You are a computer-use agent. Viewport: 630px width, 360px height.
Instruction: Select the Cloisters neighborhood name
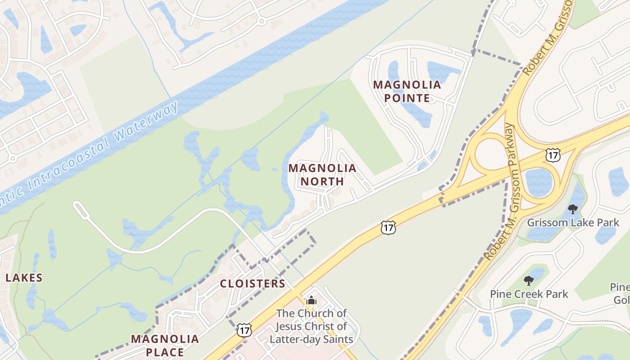(252, 283)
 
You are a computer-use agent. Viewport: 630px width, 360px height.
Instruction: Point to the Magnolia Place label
(165, 345)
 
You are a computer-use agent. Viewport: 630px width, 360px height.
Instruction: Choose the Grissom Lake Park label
(572, 222)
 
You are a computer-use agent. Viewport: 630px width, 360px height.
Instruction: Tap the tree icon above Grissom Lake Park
(572, 209)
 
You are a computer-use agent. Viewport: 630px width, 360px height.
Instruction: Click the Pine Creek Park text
(529, 294)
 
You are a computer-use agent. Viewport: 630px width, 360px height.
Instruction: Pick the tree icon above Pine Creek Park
(529, 281)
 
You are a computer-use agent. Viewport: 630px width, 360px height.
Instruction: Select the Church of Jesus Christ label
(311, 326)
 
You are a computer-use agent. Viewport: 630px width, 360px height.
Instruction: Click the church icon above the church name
(311, 301)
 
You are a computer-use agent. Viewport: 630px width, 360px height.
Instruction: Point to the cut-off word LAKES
(23, 278)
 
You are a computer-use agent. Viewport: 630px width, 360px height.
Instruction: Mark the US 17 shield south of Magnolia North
(388, 228)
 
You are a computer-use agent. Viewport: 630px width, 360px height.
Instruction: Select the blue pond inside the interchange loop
(539, 182)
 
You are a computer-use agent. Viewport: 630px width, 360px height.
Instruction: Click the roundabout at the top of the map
(261, 21)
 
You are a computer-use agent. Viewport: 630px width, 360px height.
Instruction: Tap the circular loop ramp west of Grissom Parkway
(490, 156)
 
